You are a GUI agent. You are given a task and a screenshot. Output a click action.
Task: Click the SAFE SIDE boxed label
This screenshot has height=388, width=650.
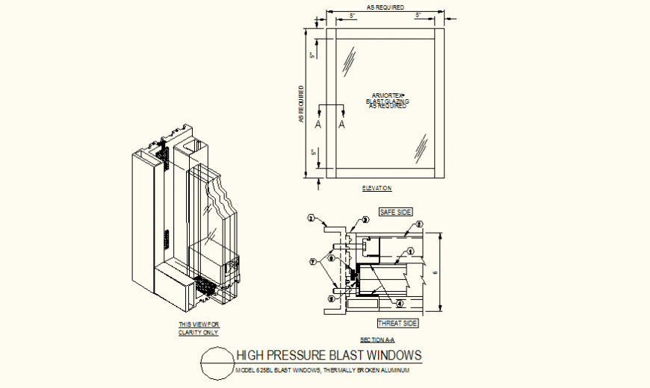coord(395,212)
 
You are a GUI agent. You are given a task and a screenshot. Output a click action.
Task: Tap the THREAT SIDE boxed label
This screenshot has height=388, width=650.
coord(397,323)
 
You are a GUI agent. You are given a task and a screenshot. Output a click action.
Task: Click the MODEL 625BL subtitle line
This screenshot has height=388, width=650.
coord(323,369)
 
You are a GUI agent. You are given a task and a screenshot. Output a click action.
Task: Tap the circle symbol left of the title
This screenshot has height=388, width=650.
coord(216,363)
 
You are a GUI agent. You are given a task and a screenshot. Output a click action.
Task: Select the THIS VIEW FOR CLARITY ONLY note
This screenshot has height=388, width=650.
coord(199,328)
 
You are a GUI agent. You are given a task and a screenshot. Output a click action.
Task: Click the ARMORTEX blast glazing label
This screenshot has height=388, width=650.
coord(387,101)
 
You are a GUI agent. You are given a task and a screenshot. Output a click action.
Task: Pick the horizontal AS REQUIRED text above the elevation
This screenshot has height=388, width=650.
coord(386,7)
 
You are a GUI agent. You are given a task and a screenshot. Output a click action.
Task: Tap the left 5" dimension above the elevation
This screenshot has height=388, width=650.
coord(352,15)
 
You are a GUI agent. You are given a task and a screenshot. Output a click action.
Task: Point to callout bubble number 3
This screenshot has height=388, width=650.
coord(366,220)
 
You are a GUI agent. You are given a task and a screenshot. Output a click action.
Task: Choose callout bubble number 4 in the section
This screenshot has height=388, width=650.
coord(400,304)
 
